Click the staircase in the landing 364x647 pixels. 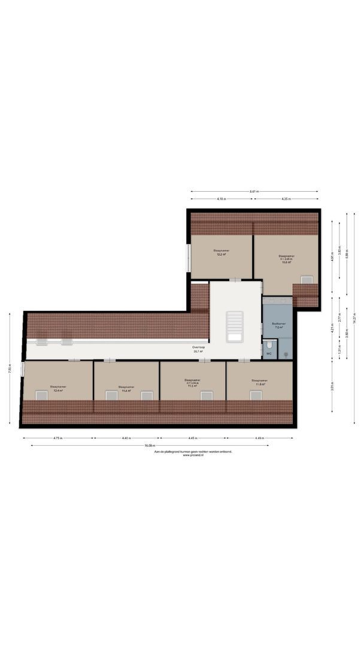pos(235,326)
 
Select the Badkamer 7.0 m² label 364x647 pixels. pos(278,326)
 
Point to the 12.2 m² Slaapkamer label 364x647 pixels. pos(222,252)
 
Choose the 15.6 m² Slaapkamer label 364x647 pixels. pos(287,259)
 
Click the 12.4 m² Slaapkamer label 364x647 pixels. pos(58,388)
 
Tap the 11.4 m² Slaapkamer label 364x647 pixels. pos(126,389)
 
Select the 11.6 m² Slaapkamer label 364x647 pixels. pos(259,382)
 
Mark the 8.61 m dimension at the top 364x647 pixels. pos(254,191)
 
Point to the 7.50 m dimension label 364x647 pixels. pos(10,370)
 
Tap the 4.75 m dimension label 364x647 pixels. pos(58,438)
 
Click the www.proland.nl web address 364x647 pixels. pos(193,455)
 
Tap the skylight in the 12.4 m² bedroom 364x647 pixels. pos(41,395)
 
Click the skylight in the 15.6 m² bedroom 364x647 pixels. pos(307,279)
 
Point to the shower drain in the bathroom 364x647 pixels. pos(286,355)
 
